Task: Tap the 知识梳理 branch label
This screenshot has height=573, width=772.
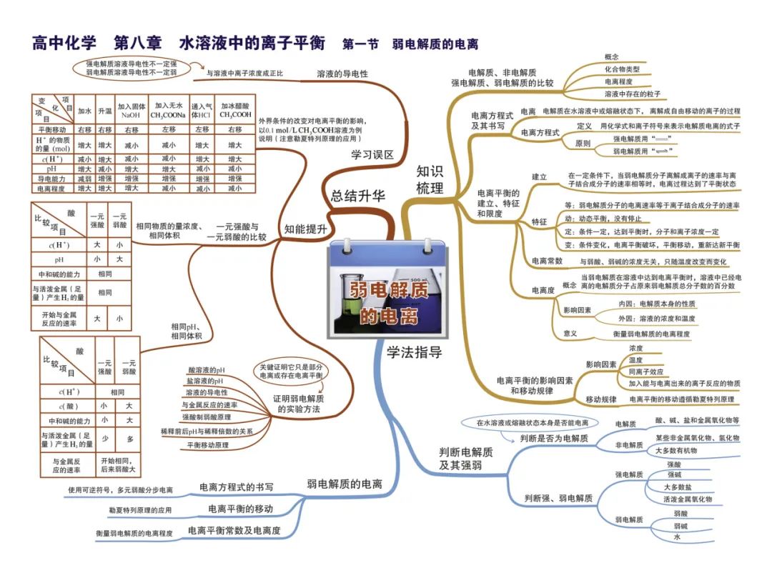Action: [430, 179]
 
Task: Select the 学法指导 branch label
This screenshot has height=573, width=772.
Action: [415, 352]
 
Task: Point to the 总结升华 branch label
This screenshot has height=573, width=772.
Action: [357, 196]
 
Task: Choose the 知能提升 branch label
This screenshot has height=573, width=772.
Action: [305, 229]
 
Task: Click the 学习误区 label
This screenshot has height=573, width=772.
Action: [372, 154]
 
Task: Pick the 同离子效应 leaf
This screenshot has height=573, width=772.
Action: [645, 372]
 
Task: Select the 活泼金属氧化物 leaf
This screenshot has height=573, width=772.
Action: [688, 499]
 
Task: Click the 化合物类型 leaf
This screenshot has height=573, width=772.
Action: [622, 69]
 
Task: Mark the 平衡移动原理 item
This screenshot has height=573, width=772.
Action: [208, 444]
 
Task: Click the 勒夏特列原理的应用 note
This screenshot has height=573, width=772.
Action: [140, 510]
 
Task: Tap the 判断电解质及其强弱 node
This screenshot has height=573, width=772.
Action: [465, 459]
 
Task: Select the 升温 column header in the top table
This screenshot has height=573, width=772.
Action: [106, 110]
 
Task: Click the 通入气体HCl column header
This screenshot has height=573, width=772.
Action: [200, 110]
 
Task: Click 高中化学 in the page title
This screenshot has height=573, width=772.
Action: [64, 43]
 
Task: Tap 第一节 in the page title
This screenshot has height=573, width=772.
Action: [361, 44]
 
